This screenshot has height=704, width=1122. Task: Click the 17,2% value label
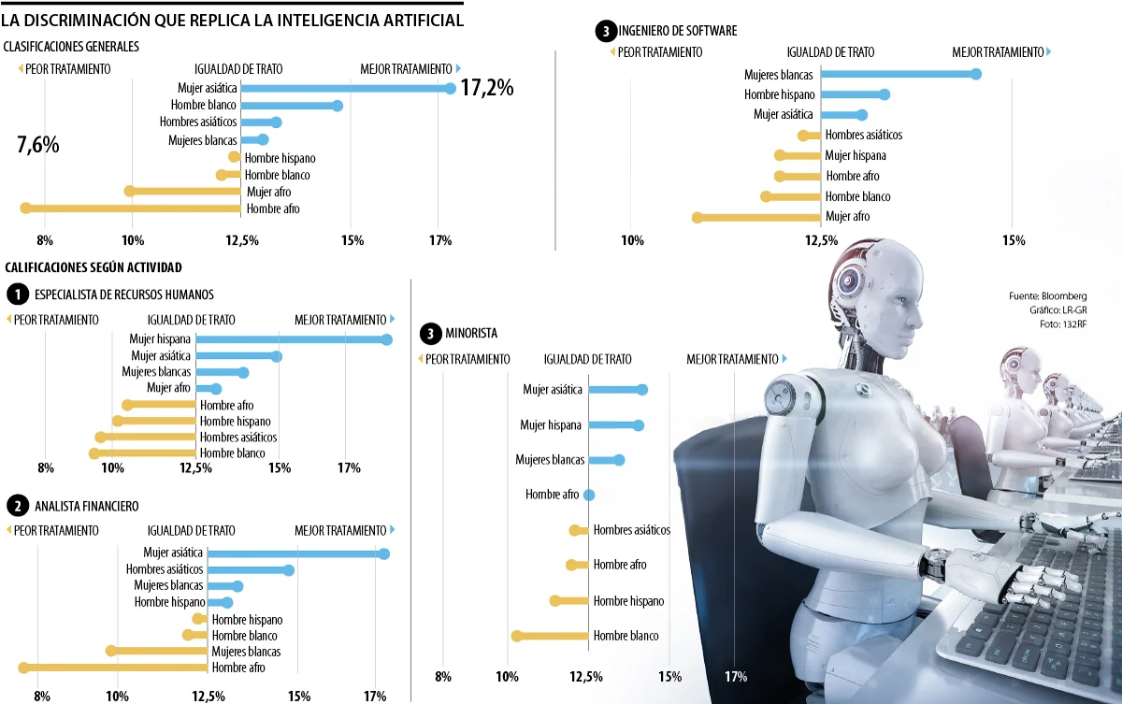click(487, 89)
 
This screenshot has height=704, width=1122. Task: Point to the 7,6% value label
click(37, 145)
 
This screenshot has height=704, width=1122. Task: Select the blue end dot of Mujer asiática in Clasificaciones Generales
click(450, 89)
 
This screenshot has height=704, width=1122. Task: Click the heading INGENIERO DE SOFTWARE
click(678, 31)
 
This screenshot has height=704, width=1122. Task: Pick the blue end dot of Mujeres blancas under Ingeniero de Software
click(976, 74)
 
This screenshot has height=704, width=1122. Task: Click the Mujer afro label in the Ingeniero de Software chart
click(847, 217)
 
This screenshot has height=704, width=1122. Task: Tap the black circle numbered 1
click(17, 295)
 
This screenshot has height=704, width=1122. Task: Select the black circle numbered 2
click(17, 507)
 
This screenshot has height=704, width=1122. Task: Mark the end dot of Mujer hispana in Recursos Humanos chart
click(386, 338)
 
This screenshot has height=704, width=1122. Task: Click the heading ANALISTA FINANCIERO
click(86, 507)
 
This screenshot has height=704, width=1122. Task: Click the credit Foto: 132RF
click(1066, 324)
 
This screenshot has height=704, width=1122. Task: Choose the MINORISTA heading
click(471, 333)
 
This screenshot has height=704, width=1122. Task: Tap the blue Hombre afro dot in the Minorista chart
click(589, 495)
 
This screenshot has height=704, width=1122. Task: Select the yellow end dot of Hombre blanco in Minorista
click(516, 636)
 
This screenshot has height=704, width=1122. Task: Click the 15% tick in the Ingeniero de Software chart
click(1014, 241)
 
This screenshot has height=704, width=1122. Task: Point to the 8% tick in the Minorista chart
click(443, 676)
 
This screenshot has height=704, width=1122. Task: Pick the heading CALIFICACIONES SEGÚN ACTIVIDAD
click(93, 267)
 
